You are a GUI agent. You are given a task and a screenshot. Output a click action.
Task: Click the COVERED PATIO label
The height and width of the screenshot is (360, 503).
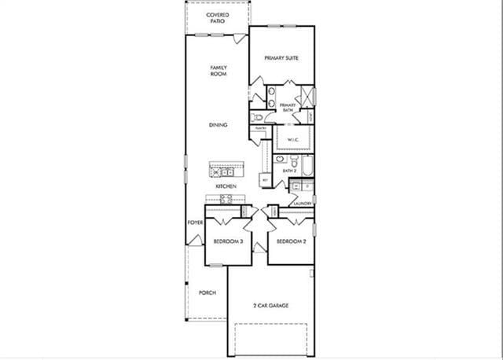[217, 18]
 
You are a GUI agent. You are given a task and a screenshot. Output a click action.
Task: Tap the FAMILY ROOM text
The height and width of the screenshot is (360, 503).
[218, 71]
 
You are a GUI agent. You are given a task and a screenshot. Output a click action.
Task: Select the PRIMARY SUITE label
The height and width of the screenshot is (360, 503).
[282, 58]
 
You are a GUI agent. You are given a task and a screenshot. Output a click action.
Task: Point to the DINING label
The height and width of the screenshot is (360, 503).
[218, 125]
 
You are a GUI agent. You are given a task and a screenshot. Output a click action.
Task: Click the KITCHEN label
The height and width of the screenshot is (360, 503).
[226, 186]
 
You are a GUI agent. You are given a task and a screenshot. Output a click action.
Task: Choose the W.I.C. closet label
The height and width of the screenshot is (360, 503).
[293, 140]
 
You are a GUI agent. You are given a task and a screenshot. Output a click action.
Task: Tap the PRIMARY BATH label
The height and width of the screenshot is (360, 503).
[288, 108]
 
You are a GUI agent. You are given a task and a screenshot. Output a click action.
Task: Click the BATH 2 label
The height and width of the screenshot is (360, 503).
[289, 170]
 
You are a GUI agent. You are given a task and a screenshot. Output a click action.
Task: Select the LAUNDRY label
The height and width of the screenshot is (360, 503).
[303, 204]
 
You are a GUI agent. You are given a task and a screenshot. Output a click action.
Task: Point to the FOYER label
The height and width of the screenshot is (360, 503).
[196, 222]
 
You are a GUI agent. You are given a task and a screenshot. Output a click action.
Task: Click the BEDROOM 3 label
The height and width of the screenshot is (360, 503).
[227, 241]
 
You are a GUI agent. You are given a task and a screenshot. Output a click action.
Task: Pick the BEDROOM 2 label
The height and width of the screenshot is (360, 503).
[292, 241]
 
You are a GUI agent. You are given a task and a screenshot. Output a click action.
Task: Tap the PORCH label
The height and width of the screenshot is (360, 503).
[207, 292]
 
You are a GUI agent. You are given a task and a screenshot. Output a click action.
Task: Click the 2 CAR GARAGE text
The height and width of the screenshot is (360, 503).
[271, 305]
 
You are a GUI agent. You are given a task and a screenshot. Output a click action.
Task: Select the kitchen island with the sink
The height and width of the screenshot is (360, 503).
[226, 170]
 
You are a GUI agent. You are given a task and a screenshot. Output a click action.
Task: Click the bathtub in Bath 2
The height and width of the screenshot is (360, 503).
[307, 167]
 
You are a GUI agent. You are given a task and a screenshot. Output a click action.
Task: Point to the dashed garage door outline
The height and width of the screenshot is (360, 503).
[271, 338]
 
